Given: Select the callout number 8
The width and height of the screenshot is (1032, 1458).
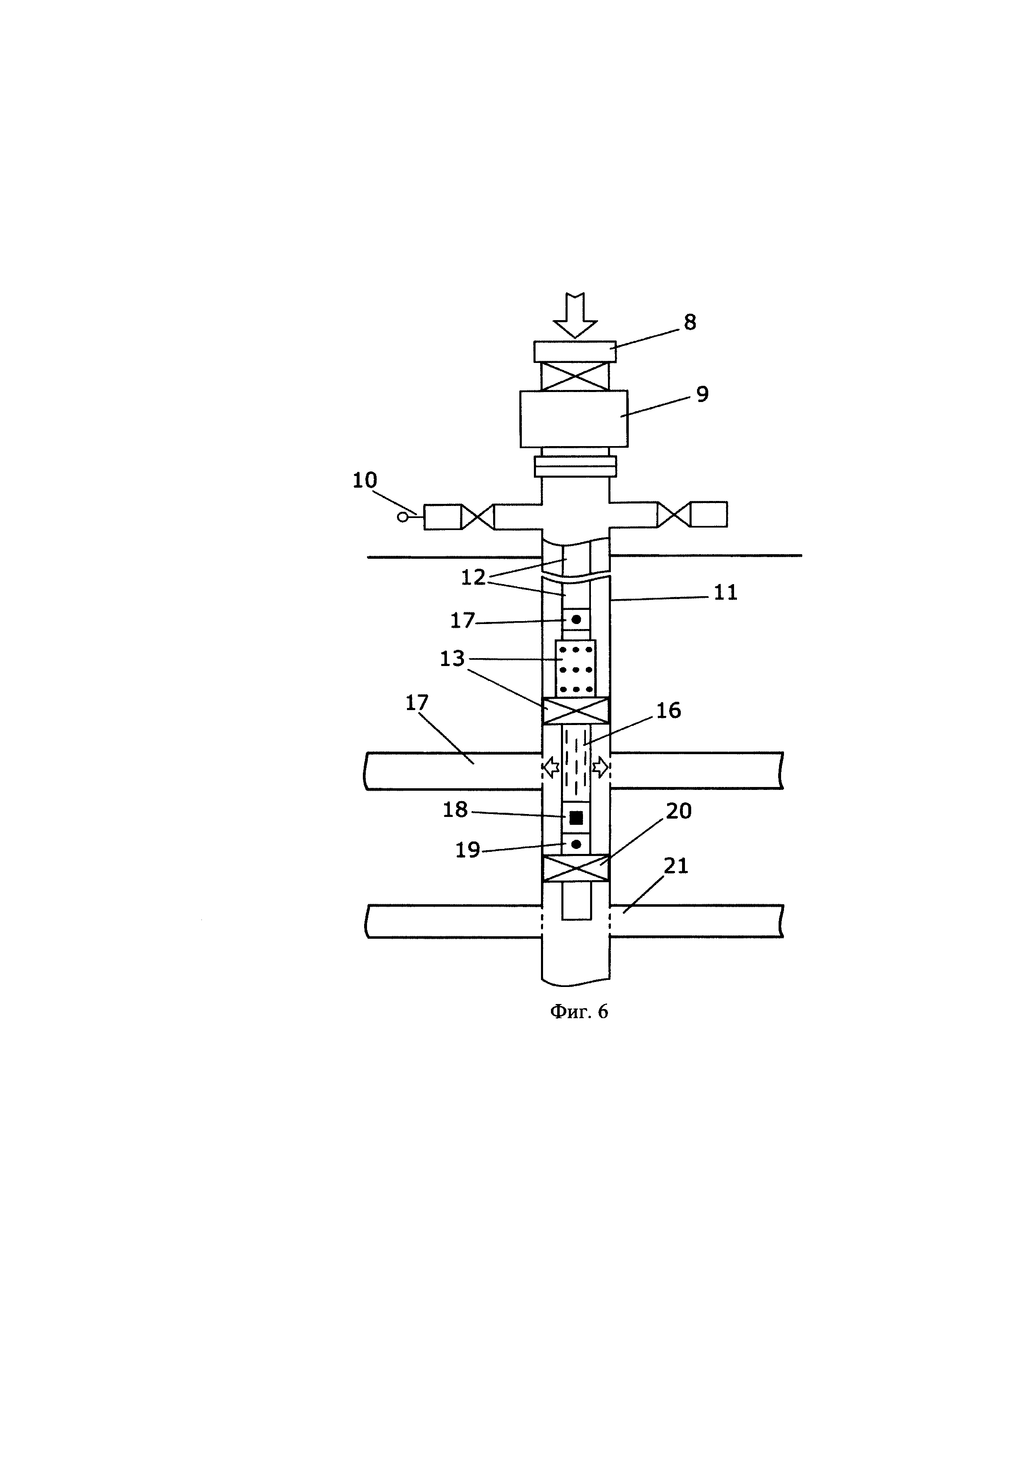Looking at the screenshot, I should pos(690,323).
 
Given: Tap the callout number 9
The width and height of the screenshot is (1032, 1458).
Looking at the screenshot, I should pos(702,395).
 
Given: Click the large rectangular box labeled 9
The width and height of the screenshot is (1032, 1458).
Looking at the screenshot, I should pos(574,419).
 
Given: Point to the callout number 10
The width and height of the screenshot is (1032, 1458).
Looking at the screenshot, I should pos(365,481).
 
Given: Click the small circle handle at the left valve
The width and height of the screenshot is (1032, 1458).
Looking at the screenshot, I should pos(402,517).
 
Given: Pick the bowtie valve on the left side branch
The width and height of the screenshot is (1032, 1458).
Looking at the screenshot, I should pos(477,517).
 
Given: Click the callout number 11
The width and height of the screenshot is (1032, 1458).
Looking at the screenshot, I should pos(725,592).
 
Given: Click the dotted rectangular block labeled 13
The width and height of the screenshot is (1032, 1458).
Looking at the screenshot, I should pos(576,669).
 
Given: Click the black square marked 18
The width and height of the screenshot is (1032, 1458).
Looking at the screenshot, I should pos(576,818).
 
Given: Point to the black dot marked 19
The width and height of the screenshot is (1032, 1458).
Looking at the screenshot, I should pos(576,844).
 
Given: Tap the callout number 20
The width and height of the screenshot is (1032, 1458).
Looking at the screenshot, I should pos(679,811).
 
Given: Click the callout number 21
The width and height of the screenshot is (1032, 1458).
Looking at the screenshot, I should pos(676,866).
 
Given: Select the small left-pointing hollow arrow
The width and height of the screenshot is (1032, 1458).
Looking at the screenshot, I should pos(550,768).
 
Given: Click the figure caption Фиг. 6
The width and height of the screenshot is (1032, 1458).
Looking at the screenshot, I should pos(579,1011).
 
